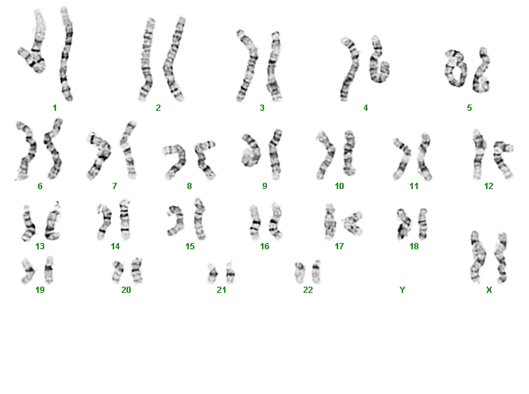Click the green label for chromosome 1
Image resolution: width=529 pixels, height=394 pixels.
point(55,108)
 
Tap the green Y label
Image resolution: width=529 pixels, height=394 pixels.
point(402,290)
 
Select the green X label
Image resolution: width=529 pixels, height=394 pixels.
point(489,290)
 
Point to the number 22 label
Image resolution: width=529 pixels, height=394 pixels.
point(308,290)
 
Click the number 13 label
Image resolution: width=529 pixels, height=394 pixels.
point(40,247)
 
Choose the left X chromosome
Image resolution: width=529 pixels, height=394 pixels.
point(479,257)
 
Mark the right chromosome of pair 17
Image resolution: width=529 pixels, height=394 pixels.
point(353,223)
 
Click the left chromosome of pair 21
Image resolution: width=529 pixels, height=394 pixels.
point(212,273)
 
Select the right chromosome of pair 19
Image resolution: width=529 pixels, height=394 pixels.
point(49,269)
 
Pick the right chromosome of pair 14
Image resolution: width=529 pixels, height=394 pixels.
point(124,220)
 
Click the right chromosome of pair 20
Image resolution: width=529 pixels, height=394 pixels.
point(137,270)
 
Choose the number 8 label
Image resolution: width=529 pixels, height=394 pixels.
point(189,186)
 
